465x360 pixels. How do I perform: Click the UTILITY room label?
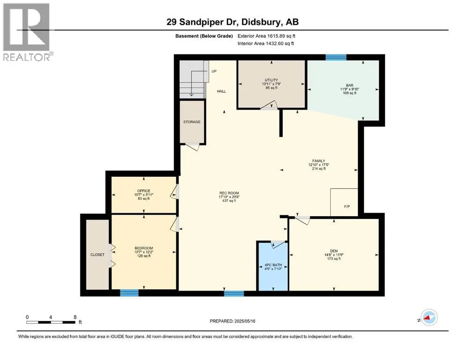(x=271, y=80)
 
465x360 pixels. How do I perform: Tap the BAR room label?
(x=350, y=85)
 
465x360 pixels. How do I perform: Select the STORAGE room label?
(x=192, y=122)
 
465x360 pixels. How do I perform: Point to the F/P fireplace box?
(x=344, y=202)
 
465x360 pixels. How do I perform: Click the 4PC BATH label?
(x=273, y=265)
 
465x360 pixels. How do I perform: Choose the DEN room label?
(x=334, y=251)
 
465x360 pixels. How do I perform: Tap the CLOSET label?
(x=97, y=255)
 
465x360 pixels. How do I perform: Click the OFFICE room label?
(x=144, y=191)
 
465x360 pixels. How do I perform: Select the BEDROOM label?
(x=144, y=248)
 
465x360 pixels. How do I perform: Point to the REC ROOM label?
(x=229, y=193)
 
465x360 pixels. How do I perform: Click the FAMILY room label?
(x=318, y=161)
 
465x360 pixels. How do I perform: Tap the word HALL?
(x=221, y=91)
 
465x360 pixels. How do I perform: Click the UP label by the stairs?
(x=214, y=71)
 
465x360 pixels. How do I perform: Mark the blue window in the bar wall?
(x=336, y=57)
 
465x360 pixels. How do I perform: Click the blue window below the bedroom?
(x=129, y=293)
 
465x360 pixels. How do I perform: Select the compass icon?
(x=429, y=317)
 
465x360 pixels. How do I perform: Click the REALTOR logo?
(x=27, y=32)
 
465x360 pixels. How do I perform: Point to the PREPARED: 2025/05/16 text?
(x=232, y=321)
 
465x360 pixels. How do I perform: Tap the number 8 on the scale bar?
(x=75, y=317)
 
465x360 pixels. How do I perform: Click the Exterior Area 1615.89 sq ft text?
(x=266, y=36)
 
